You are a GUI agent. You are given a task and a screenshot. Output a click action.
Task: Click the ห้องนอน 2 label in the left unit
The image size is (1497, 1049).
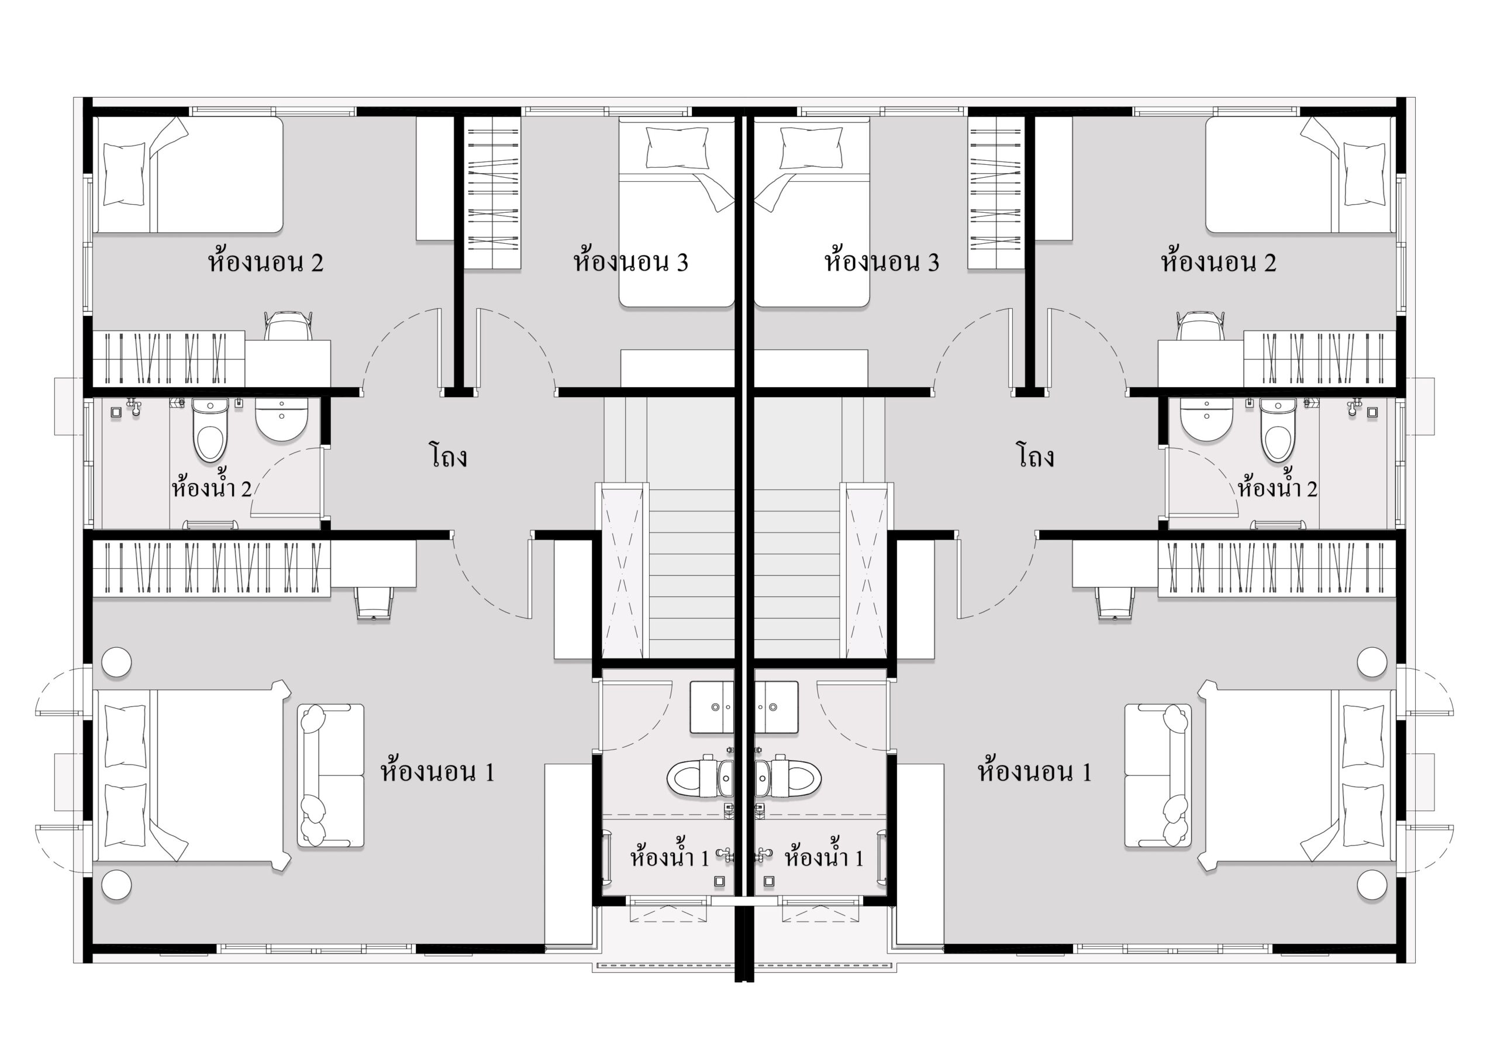click(265, 261)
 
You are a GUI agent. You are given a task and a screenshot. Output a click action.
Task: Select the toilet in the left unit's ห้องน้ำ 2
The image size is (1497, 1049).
click(210, 430)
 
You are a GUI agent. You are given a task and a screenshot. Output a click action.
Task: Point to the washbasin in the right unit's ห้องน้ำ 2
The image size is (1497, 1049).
click(1206, 419)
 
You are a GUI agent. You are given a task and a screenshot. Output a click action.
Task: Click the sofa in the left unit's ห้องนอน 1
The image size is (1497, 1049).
click(330, 776)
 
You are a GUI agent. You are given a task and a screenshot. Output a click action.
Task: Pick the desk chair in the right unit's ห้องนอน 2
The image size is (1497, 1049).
click(1201, 325)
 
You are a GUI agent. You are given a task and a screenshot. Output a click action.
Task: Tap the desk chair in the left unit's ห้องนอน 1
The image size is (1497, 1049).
click(374, 602)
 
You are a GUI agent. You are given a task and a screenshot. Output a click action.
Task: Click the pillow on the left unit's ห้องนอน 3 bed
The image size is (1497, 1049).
click(677, 148)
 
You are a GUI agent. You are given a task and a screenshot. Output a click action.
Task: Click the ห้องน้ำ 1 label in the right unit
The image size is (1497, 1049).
click(824, 857)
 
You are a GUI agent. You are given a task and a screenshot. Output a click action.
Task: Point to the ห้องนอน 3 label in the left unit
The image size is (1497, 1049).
click(630, 261)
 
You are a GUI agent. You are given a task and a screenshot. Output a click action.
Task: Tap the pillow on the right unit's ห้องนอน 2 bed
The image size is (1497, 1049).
click(1364, 174)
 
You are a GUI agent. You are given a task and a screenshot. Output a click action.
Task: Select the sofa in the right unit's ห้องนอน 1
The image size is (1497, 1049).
click(1158, 776)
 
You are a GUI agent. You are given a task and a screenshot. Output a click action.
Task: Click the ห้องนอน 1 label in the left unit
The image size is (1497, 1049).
click(437, 772)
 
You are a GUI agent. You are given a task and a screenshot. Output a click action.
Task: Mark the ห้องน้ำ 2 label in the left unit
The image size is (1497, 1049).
click(211, 487)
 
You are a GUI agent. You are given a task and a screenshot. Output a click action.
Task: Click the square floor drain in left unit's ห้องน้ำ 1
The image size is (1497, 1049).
click(720, 881)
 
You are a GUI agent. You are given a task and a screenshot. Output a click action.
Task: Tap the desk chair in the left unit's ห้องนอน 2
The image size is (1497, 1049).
click(288, 325)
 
